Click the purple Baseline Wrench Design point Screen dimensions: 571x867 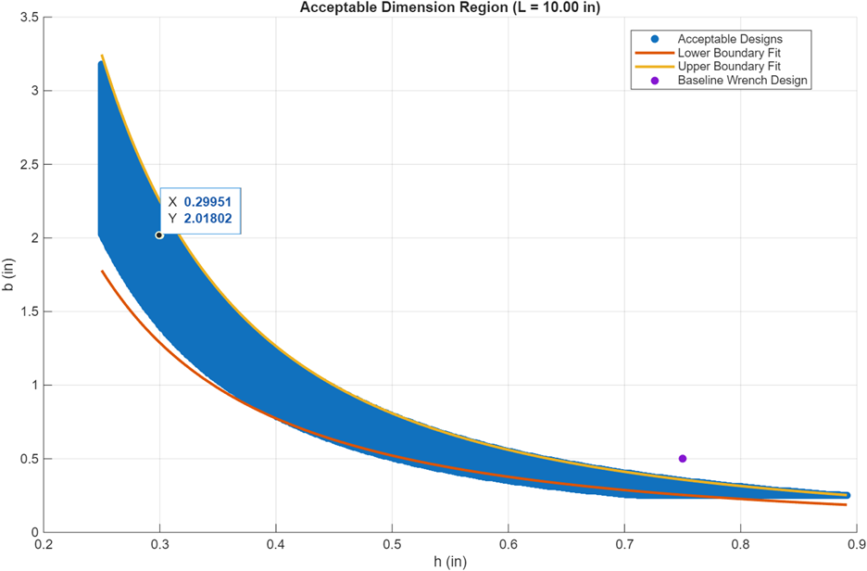pyautogui.click(x=683, y=458)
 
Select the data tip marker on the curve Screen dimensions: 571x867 pyautogui.click(x=159, y=235)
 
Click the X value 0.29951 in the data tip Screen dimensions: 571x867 pyautogui.click(x=207, y=202)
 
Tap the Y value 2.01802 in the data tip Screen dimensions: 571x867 pyautogui.click(x=207, y=219)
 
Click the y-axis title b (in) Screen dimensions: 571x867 pyautogui.click(x=8, y=274)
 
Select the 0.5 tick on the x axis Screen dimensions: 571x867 pyautogui.click(x=392, y=545)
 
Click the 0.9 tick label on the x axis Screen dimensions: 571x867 pyautogui.click(x=856, y=545)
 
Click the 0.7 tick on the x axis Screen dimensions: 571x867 pyautogui.click(x=624, y=545)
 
